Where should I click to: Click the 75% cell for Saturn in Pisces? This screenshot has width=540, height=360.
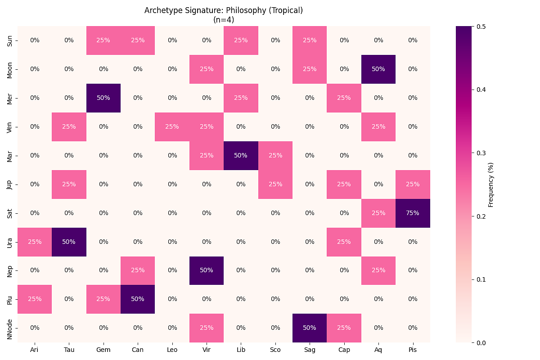coord(413,213)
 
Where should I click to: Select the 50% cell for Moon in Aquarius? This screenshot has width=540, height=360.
coord(378,69)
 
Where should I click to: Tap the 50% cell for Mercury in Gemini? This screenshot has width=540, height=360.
coord(103,98)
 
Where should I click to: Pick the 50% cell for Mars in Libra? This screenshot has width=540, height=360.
coord(241,155)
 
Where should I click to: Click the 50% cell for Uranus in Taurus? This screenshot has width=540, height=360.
coord(69,242)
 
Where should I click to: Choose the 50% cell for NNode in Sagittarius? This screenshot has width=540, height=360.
coord(310,328)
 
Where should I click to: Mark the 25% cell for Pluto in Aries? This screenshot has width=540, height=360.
coord(35,299)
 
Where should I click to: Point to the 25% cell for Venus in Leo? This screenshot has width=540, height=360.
coord(172,126)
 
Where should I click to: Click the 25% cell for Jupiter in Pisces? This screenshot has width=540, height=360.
coord(413,184)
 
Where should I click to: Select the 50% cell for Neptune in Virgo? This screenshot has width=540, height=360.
coord(207,270)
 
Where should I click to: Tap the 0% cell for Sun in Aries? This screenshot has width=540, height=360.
coord(35,40)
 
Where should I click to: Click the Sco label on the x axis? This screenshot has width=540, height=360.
coord(275,350)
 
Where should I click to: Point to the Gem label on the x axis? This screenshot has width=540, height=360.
coord(103,350)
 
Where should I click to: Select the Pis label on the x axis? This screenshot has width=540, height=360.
coord(413,350)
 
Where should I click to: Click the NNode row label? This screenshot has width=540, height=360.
coord(10,328)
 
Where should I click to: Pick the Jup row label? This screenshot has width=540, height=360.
coord(10,184)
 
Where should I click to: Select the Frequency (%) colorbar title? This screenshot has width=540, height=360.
coord(491,184)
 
